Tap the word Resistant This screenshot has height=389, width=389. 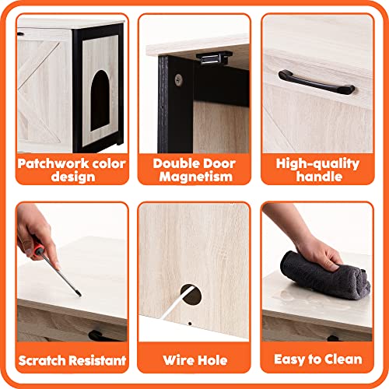click(99, 359)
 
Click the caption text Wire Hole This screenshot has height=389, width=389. click(194, 359)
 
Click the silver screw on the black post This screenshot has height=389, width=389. click(179, 79)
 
